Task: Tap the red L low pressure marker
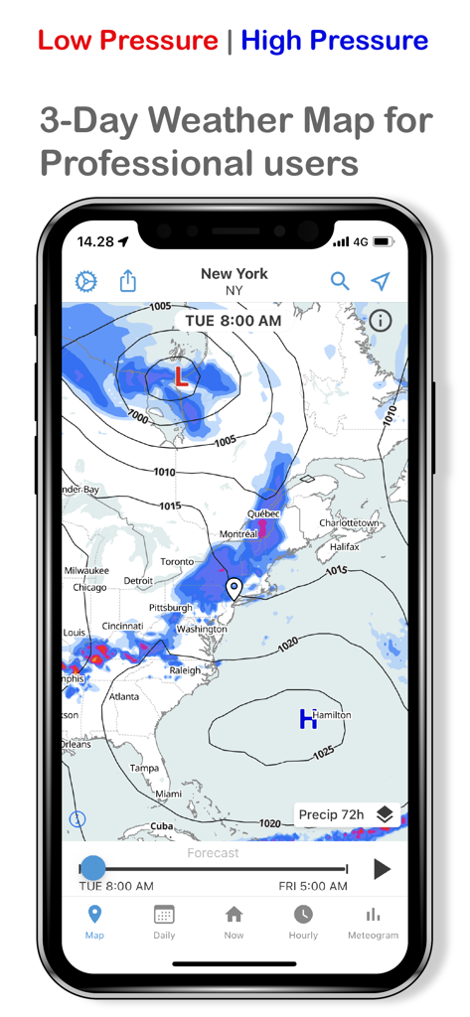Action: pyautogui.click(x=181, y=376)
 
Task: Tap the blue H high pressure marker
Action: pyautogui.click(x=307, y=719)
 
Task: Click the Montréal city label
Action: pyautogui.click(x=238, y=533)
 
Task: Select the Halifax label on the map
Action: pyautogui.click(x=345, y=546)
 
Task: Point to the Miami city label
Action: pyautogui.click(x=168, y=794)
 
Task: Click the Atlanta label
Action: pyautogui.click(x=124, y=696)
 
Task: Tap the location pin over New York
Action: pyautogui.click(x=235, y=589)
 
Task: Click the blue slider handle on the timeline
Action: pyautogui.click(x=92, y=868)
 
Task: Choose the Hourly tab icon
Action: pyautogui.click(x=303, y=915)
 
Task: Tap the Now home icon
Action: pyautogui.click(x=234, y=915)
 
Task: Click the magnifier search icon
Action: pyautogui.click(x=340, y=281)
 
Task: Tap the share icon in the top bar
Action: pyautogui.click(x=128, y=281)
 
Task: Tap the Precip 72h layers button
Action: pyautogui.click(x=347, y=814)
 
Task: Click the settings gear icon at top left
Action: pyautogui.click(x=86, y=281)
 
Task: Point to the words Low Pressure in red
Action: pyautogui.click(x=128, y=41)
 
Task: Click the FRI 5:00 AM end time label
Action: pyautogui.click(x=313, y=886)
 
